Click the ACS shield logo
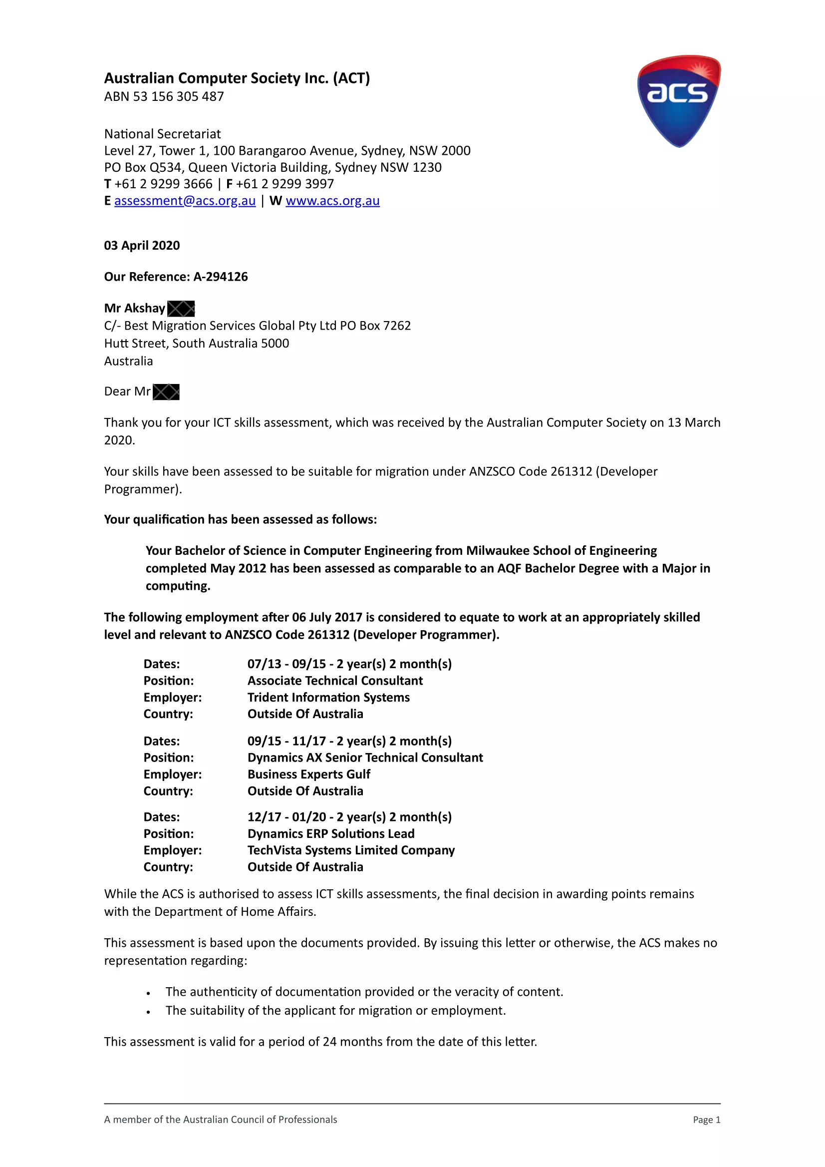pos(679,101)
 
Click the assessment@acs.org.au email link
pos(185,201)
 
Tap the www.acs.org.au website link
pos(332,201)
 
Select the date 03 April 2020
pos(142,246)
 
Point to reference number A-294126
pos(221,277)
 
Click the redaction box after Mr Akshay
pos(181,309)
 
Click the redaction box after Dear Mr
pos(166,392)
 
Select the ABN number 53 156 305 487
pos(178,96)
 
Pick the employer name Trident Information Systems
pos(328,697)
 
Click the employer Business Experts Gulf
pos(309,774)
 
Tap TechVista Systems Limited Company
pos(351,850)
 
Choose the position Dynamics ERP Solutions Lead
pos(331,833)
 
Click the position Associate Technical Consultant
pos(335,681)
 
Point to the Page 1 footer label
pos(706,1120)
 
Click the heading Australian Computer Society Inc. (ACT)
pos(237,78)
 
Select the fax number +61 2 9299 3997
pos(284,184)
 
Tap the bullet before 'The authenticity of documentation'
pos(148,993)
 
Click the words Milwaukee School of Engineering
pos(561,551)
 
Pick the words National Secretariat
pos(163,134)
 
